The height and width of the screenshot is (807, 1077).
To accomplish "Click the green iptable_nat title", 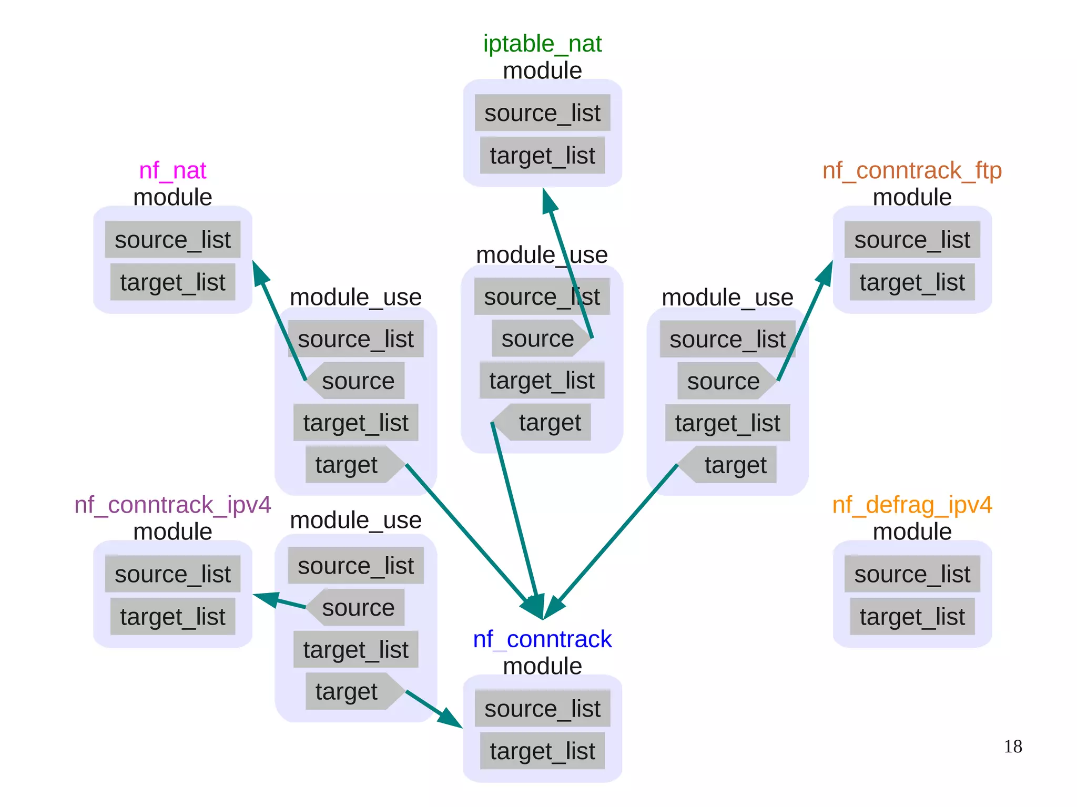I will pos(542,44).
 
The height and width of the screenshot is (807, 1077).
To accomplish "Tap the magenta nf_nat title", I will pos(172,171).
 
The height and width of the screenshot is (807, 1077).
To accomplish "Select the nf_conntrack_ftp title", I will pos(912,171).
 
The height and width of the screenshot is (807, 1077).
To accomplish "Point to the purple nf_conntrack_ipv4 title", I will pos(172,505).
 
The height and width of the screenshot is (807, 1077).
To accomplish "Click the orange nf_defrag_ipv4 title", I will pos(912,505).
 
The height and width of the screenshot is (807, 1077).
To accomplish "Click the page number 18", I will pos(1012,747).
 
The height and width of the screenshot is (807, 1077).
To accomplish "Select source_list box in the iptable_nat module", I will pos(542,113).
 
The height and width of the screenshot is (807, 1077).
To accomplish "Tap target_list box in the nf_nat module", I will pos(172,282).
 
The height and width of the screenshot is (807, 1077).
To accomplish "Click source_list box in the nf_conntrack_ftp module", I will pos(912,240).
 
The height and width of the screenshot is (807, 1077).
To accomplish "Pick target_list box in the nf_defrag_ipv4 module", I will pos(912,617).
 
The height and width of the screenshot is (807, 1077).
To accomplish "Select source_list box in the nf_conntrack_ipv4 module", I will pos(172,574).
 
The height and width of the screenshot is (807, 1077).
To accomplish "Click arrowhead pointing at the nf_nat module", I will pos(260,273).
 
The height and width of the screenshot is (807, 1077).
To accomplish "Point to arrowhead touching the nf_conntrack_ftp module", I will pos(825,273).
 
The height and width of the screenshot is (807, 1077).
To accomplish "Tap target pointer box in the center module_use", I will pos(545,423).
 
